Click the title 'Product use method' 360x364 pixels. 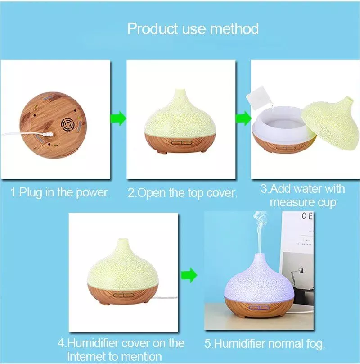point(193,29)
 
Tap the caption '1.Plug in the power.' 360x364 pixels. point(60,192)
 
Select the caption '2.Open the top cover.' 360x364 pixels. point(183,193)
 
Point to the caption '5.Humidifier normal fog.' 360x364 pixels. point(265,344)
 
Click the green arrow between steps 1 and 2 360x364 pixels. point(118,118)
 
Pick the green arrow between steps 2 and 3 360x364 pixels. point(243,118)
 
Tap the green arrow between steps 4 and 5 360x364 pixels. point(189,275)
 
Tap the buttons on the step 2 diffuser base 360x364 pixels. point(182,143)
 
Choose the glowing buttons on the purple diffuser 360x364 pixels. point(259,308)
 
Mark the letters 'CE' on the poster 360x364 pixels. point(307,216)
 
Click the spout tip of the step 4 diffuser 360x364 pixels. point(123,241)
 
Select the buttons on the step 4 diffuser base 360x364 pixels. point(124,295)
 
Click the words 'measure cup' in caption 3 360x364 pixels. point(303,202)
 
